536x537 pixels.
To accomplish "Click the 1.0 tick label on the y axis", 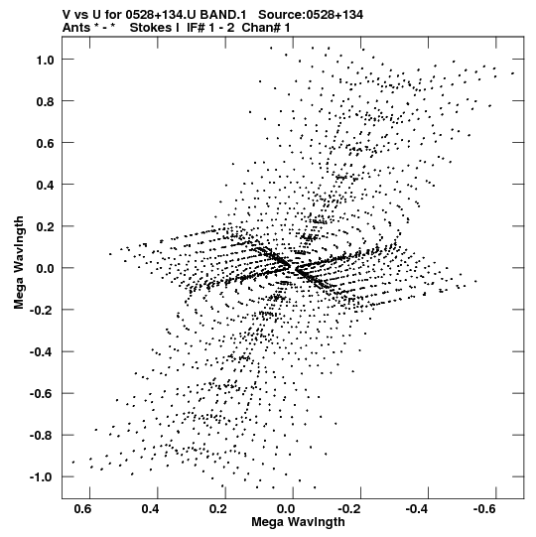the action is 46,61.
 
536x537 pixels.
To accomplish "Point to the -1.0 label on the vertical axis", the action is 42,477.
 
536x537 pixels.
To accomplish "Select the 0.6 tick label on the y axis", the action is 46,144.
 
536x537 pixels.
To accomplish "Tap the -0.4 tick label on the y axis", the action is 42,352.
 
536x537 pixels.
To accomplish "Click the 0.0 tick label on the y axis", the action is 46,269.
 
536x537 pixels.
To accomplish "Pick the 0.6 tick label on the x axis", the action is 82,509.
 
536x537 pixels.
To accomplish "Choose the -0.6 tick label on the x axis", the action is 485,509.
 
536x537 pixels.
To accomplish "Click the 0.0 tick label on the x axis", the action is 286,509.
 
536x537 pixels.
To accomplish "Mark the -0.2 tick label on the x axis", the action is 349,509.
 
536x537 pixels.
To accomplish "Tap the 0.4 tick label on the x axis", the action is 150,509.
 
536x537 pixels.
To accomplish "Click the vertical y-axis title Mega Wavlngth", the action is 19,263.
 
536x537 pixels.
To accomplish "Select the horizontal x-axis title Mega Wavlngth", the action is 298,522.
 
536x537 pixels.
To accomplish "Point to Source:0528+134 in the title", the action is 311,15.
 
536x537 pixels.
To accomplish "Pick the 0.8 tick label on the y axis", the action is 46,102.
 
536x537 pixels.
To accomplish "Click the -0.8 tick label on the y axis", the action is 42,436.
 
